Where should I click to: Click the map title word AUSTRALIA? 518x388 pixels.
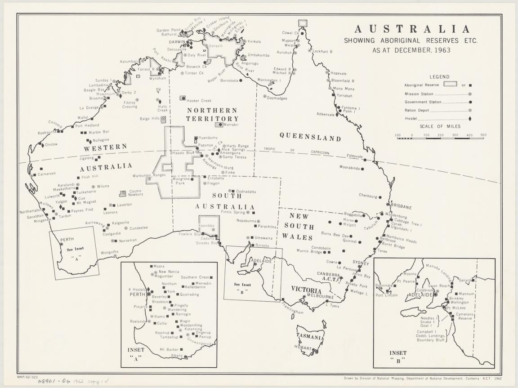[x=412, y=29]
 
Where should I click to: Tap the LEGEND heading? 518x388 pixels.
[x=439, y=77]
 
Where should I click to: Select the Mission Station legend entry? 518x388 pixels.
[x=419, y=94]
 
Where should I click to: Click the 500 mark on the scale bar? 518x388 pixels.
[x=482, y=135]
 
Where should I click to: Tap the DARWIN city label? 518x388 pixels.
[x=177, y=42]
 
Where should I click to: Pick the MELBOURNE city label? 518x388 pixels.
[x=320, y=297]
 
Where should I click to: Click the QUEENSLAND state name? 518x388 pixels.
[x=310, y=138]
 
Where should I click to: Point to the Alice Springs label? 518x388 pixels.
[x=233, y=150]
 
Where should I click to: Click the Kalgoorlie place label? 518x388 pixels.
[x=121, y=223]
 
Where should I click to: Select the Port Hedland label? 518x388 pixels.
[x=87, y=125]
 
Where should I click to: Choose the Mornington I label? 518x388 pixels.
[x=269, y=80]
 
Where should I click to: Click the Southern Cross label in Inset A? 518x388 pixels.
[x=195, y=277]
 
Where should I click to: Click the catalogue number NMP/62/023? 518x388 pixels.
[x=27, y=376]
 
